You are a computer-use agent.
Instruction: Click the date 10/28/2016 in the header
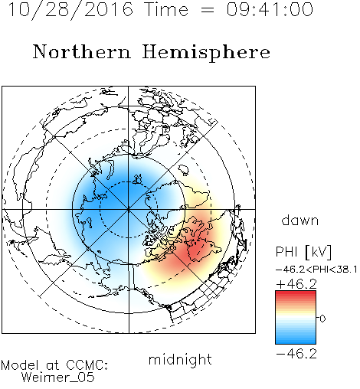tap(70, 10)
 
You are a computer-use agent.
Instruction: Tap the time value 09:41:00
tap(270, 9)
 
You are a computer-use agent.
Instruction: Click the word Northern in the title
tap(82, 52)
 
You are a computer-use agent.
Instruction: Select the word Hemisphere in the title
tap(206, 53)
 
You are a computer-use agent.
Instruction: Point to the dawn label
tap(300, 220)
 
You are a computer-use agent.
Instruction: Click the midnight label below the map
tap(180, 359)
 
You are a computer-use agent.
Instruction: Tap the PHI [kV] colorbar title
tap(303, 252)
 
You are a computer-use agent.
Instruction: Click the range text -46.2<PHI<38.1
tap(316, 270)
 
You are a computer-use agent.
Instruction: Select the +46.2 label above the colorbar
tap(296, 284)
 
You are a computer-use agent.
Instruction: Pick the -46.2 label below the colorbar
tap(296, 354)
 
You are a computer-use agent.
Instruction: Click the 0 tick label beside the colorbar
tap(322, 319)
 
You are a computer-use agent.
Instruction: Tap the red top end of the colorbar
tap(296, 293)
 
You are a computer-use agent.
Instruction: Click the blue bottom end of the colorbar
tap(296, 342)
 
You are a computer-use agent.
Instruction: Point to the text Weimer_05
tap(58, 377)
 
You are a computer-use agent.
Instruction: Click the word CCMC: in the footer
tap(87, 365)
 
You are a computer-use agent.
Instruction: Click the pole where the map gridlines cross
tap(128, 209)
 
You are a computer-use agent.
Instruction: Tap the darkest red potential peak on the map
tap(195, 249)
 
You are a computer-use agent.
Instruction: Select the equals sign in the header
tap(207, 10)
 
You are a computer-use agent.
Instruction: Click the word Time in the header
tap(166, 9)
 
